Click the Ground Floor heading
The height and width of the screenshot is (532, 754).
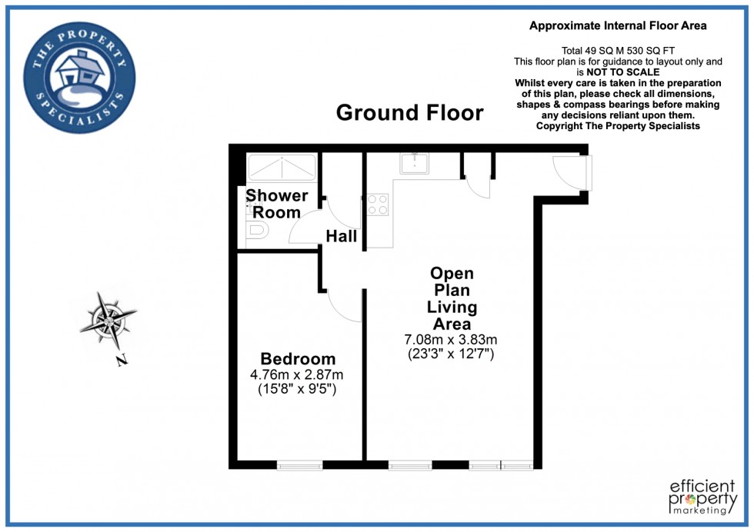[x=409, y=113]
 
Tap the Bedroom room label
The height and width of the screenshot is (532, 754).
[x=298, y=359]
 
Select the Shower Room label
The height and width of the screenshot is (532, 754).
[x=276, y=204]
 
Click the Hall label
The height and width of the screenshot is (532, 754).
[x=341, y=236]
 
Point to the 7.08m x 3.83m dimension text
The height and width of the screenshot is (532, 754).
[x=451, y=339]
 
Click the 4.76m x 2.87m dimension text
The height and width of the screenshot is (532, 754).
[x=298, y=375]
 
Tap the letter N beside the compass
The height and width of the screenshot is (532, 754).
[x=122, y=361]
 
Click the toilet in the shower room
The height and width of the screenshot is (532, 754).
[x=256, y=230]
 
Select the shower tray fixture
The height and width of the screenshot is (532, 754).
[x=281, y=167]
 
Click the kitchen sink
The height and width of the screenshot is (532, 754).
[x=414, y=164]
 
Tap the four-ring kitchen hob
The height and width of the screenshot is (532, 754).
[x=377, y=204]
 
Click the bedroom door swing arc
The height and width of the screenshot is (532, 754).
[x=345, y=306]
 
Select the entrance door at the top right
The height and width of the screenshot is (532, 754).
[x=572, y=172]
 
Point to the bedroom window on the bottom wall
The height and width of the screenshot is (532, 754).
[x=299, y=464]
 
